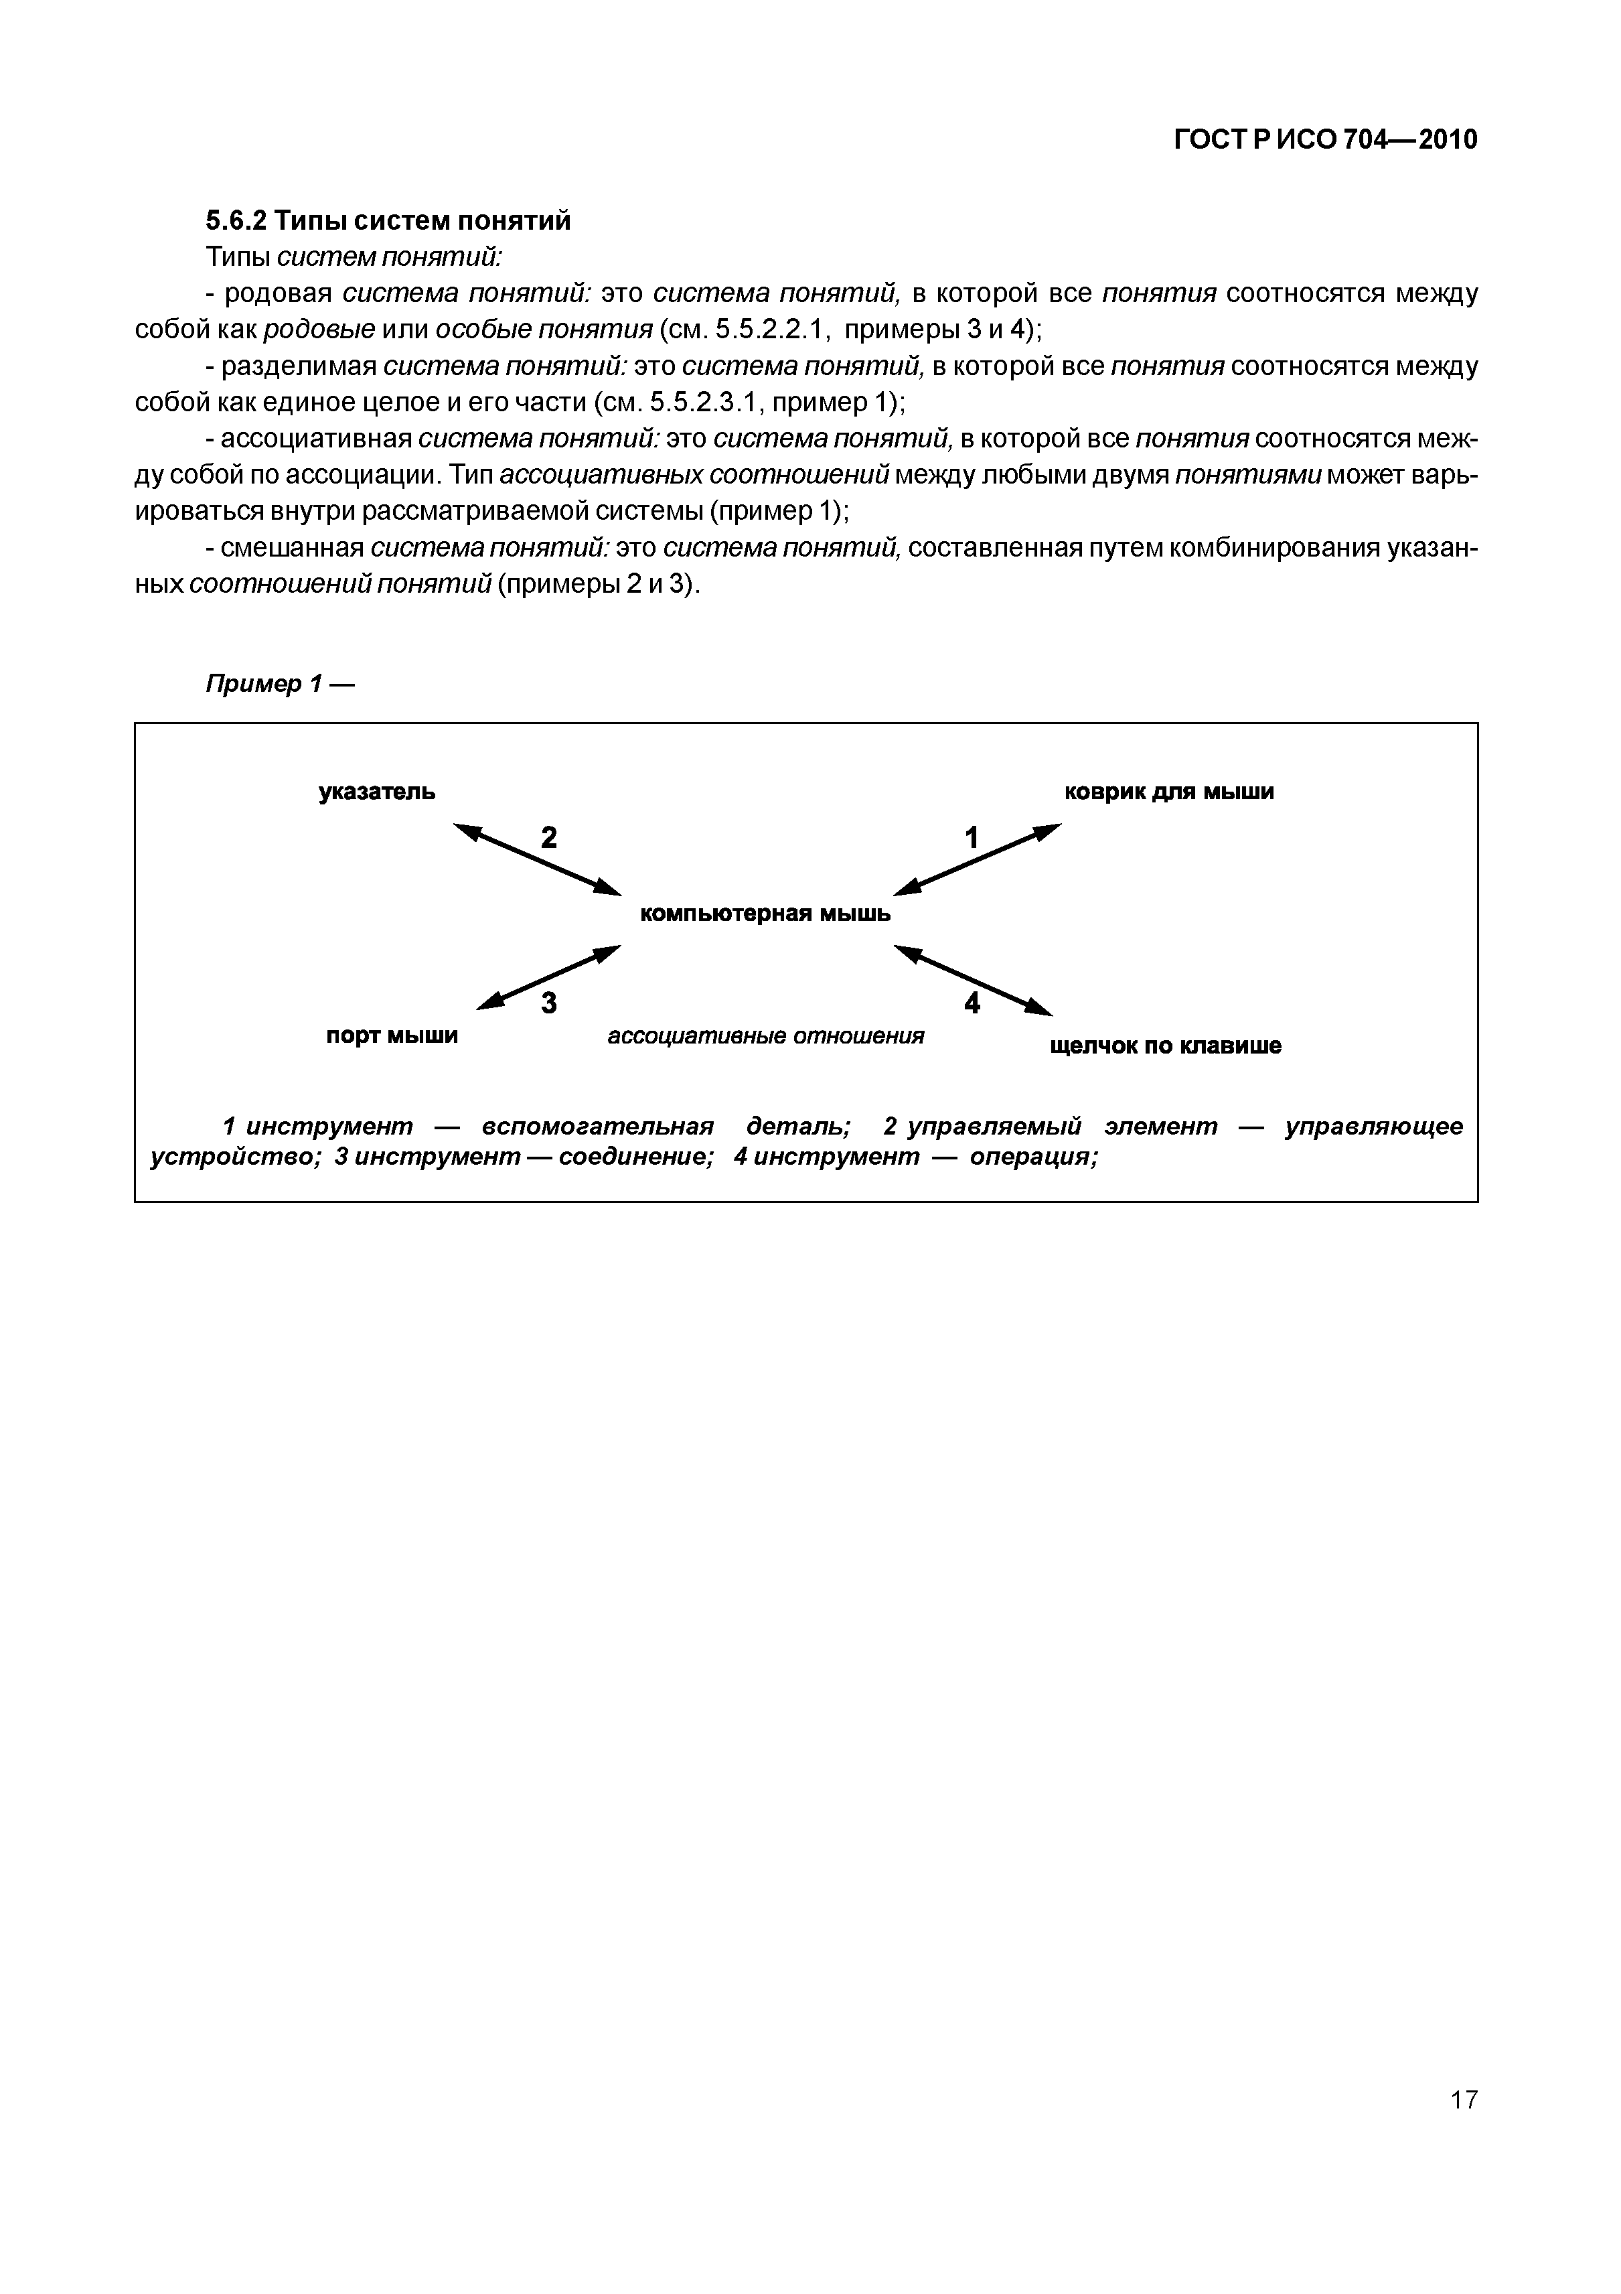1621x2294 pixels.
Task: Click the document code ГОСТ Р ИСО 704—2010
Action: coord(1324,141)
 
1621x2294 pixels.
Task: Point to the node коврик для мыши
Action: coord(1168,792)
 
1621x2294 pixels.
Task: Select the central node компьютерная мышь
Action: coord(765,913)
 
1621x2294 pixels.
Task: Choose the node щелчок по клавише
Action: coord(1166,1046)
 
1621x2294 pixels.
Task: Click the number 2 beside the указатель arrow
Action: coord(548,837)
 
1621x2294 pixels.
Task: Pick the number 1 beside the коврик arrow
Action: coord(971,837)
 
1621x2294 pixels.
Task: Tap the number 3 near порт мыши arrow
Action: coord(548,1002)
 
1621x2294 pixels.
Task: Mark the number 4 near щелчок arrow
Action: coord(972,1002)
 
